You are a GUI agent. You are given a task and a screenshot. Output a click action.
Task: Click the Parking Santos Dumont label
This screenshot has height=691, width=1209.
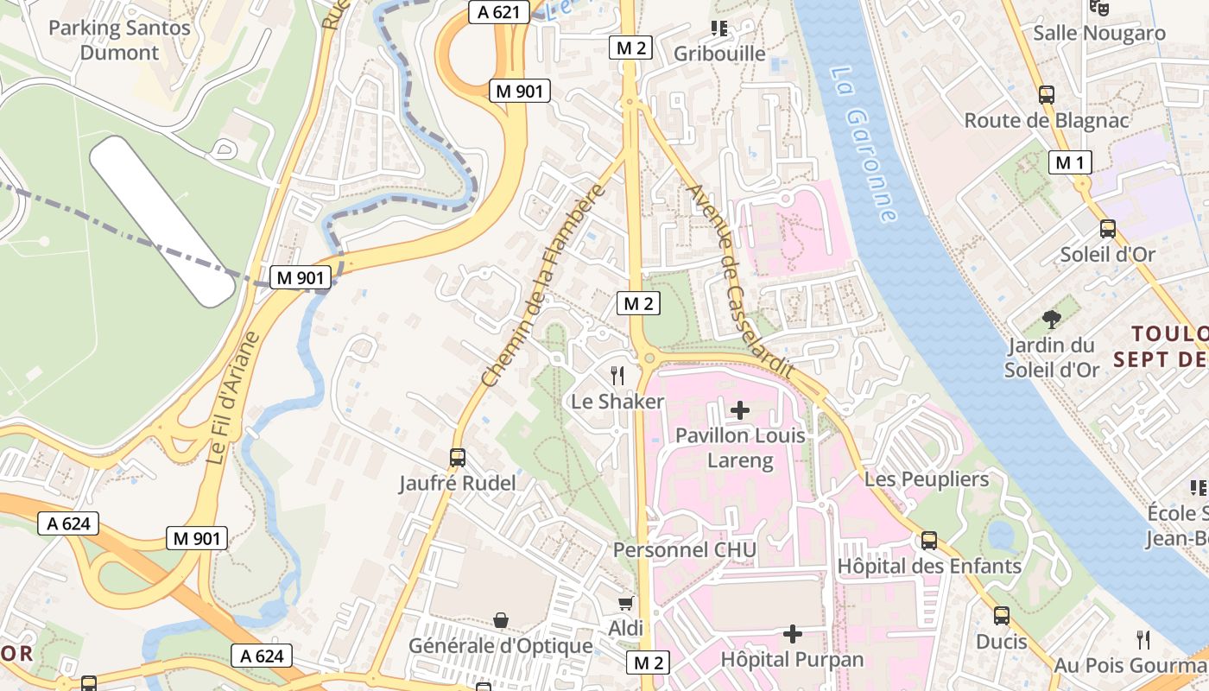point(119,40)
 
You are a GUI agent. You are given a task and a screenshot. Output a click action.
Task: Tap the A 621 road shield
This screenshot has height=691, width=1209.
point(498,11)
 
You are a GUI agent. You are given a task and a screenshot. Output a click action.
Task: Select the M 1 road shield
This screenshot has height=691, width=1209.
point(1070,162)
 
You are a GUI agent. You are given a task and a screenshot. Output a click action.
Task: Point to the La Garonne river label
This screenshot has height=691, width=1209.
point(864,143)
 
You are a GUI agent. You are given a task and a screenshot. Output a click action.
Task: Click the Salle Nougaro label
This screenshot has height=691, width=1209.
point(1099,34)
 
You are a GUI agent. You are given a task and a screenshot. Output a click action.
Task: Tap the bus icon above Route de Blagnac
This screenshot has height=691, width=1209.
point(1047,95)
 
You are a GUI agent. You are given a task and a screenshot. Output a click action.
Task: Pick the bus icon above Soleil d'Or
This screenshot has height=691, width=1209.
point(1107,229)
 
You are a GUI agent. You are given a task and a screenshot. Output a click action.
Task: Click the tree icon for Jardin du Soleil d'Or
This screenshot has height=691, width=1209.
point(1051,320)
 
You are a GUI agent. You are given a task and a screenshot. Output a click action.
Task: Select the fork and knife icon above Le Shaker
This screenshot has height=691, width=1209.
point(617,375)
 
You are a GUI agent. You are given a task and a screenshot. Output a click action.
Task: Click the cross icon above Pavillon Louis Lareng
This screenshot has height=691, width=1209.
point(740,409)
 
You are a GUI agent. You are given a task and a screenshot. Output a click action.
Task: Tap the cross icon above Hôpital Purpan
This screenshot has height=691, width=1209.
point(792,634)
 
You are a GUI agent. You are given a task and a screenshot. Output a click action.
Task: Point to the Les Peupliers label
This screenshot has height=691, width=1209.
point(927,479)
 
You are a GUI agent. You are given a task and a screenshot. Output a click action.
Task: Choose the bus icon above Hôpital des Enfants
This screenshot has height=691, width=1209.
point(929,541)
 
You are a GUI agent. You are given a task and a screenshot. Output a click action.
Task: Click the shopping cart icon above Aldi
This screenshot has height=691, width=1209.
point(625,603)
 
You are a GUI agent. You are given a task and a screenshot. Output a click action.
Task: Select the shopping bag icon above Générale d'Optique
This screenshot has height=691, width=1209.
point(500,619)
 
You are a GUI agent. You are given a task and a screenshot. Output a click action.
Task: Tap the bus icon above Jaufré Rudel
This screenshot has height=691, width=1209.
point(458,458)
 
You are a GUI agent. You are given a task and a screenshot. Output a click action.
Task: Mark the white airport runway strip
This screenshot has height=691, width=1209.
point(162,220)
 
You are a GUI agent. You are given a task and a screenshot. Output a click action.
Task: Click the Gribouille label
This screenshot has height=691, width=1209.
point(719,54)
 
